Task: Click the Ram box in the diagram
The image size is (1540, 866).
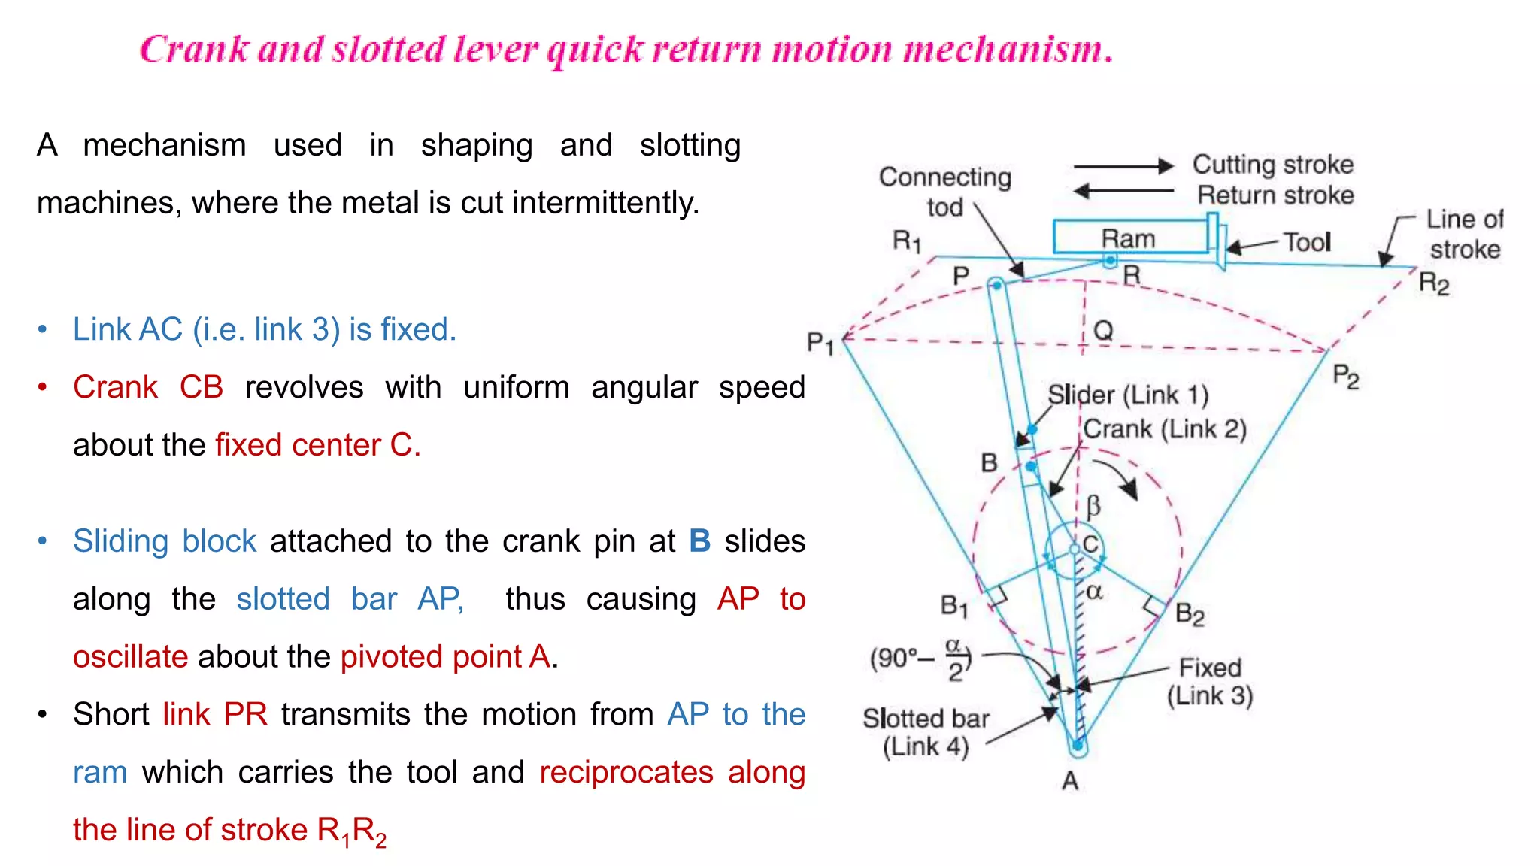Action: (1128, 238)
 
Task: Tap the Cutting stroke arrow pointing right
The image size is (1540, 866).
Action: (1123, 166)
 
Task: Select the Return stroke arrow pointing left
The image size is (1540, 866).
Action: (1123, 191)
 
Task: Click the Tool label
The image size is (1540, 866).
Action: (1306, 242)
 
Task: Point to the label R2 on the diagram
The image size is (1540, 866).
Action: (1433, 284)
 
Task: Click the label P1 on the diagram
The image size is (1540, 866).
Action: (820, 344)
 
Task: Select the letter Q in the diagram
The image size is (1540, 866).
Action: (1103, 330)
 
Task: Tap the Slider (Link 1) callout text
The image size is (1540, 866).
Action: (1128, 395)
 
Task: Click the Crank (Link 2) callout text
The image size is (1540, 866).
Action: (1165, 429)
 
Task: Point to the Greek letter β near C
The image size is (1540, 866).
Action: (1093, 506)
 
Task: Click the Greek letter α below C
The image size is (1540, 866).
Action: (1094, 592)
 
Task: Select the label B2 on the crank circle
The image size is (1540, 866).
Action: (1189, 614)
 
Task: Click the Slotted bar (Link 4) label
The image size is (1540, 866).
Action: (926, 732)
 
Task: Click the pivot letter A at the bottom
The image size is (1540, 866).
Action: (1070, 782)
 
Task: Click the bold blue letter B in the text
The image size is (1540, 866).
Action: (699, 541)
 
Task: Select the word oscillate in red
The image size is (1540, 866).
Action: (130, 657)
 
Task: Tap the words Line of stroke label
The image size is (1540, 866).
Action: (1464, 234)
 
